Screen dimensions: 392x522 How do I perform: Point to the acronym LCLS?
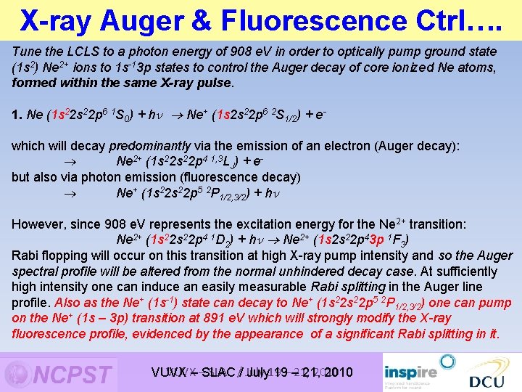click(81, 52)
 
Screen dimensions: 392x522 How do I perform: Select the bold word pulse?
click(215, 82)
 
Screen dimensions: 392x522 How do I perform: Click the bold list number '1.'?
click(17, 115)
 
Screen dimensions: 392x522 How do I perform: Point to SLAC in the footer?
click(217, 373)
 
